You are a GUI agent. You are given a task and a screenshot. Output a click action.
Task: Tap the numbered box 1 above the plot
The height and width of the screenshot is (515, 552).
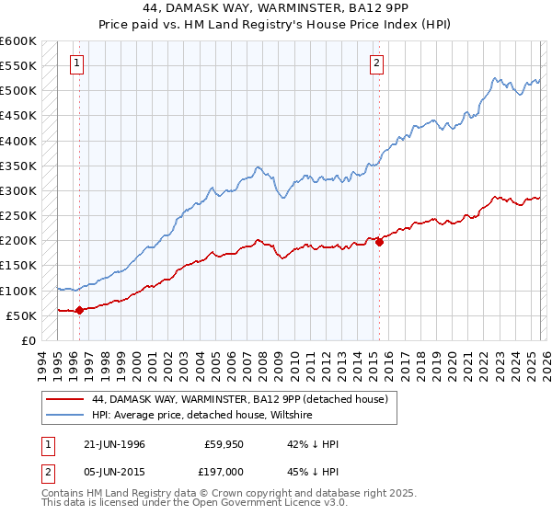pos(75,63)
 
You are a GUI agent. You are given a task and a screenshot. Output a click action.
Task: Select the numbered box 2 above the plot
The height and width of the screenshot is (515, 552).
pos(377,63)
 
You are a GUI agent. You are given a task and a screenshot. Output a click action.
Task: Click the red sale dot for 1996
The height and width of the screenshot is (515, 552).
pos(79,310)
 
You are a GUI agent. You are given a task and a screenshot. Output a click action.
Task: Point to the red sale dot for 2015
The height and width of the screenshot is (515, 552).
pos(379,242)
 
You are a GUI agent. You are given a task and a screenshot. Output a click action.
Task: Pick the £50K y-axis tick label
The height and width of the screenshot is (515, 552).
pos(22,315)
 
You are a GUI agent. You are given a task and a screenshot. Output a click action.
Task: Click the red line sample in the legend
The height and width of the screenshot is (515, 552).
pos(65,399)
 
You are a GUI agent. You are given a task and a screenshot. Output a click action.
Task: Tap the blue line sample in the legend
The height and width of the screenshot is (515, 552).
pos(65,416)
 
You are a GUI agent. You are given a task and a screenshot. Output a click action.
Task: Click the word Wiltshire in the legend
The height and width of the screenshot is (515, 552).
pos(289,416)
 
